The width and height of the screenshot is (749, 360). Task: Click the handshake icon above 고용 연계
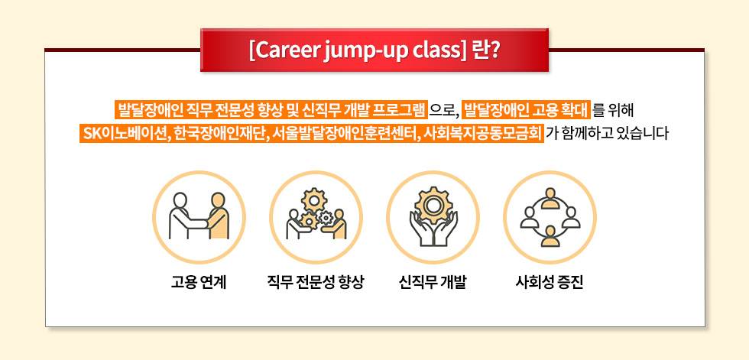[199, 218]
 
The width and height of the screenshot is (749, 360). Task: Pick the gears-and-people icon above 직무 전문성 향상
[316, 218]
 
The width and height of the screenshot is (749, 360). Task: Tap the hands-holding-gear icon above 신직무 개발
[433, 218]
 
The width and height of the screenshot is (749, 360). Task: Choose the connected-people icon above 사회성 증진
[550, 218]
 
